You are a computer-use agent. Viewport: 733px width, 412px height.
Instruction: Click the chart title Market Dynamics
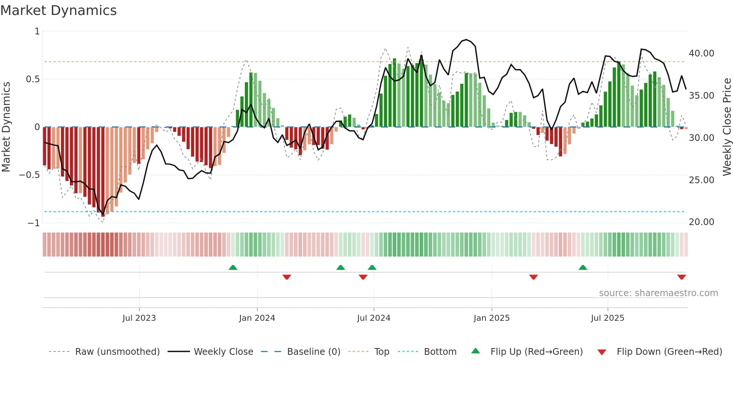pyautogui.click(x=58, y=10)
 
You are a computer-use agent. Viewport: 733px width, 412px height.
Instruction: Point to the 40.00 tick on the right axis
pyautogui.click(x=701, y=53)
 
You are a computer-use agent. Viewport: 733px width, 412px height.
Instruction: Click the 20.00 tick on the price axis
pyautogui.click(x=701, y=222)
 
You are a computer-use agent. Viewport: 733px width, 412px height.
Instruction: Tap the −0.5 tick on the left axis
pyautogui.click(x=29, y=175)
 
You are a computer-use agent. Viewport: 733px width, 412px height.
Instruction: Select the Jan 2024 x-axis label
pyautogui.click(x=257, y=318)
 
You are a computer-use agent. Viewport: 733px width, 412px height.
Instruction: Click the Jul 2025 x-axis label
pyautogui.click(x=607, y=318)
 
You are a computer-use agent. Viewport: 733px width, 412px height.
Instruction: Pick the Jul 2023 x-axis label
pyautogui.click(x=139, y=318)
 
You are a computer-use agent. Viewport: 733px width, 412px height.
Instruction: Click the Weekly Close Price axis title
pyautogui.click(x=727, y=127)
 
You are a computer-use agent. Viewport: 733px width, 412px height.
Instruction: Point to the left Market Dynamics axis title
pyautogui.click(x=6, y=127)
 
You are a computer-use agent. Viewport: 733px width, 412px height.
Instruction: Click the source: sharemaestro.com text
pyautogui.click(x=658, y=293)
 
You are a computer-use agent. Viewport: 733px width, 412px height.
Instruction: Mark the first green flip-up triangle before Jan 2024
pyautogui.click(x=233, y=268)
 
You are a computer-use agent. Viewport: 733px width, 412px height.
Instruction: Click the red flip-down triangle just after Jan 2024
pyautogui.click(x=287, y=277)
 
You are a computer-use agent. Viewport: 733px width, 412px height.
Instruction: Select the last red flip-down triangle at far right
pyautogui.click(x=681, y=277)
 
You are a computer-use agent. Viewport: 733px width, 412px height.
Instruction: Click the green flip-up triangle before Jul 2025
pyautogui.click(x=583, y=268)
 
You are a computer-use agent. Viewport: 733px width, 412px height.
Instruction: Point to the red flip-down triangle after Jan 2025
pyautogui.click(x=534, y=277)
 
